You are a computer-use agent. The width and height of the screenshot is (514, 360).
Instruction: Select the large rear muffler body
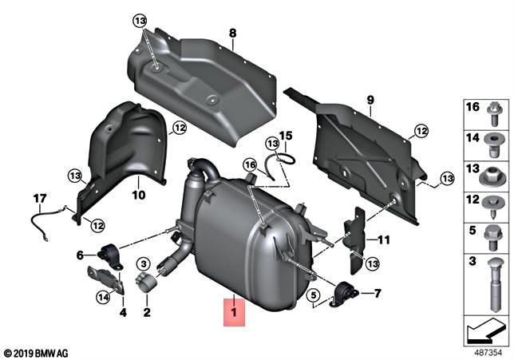pos(239,239)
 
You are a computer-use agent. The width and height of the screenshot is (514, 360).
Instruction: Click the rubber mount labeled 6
pos(113,255)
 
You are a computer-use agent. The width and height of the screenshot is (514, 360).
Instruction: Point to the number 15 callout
pos(285,136)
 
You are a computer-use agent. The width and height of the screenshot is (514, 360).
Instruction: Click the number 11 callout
pos(383,239)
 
